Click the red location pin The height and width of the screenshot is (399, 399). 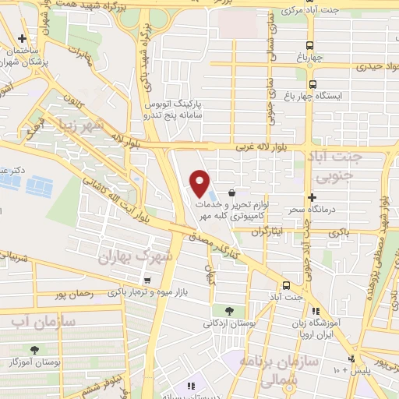[201, 182]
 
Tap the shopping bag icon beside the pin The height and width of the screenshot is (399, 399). [232, 192]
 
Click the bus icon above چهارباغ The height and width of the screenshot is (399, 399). [311, 45]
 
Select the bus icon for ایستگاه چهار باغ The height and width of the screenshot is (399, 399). [312, 85]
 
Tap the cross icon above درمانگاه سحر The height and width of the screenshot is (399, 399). [312, 197]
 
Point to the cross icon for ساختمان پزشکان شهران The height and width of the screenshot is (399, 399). [23, 39]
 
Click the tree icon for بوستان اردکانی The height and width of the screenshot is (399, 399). [228, 311]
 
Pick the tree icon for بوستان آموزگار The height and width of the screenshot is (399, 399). [34, 351]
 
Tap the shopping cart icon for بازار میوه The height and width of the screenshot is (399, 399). [147, 280]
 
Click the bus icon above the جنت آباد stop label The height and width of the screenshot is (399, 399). [286, 284]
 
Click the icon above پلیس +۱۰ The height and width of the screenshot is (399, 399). [352, 358]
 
